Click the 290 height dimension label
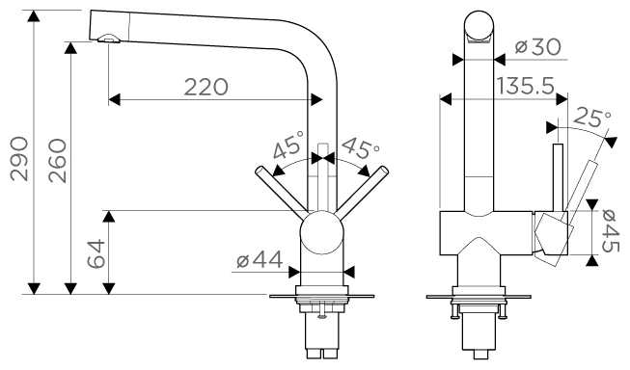(x=19, y=159)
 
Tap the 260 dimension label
(x=58, y=161)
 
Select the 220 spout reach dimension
(x=206, y=87)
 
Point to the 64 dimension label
(x=96, y=253)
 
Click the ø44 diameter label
(x=260, y=259)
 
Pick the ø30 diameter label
(x=537, y=47)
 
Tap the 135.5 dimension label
(x=526, y=86)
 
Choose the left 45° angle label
(x=288, y=145)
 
